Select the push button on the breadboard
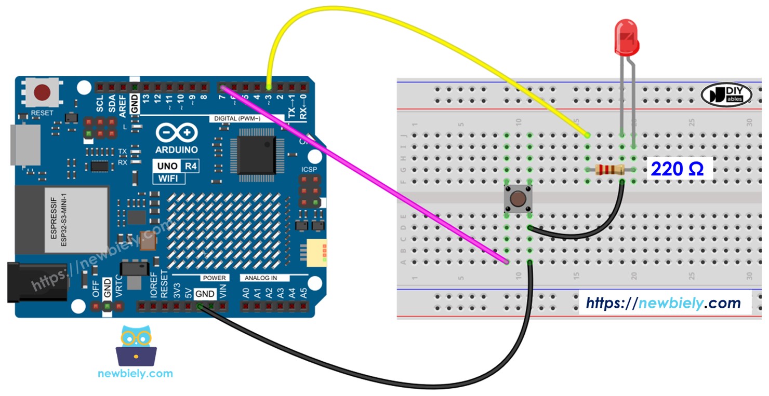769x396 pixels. (x=518, y=199)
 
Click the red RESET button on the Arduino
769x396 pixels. (x=42, y=93)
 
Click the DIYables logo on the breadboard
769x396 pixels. (x=726, y=94)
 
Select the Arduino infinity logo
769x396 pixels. (x=177, y=133)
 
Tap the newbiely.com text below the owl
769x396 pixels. (x=135, y=373)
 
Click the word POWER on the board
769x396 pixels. (x=214, y=278)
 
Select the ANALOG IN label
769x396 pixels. (x=267, y=278)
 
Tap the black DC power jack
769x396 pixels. (x=36, y=282)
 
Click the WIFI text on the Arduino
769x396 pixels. (x=167, y=179)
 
